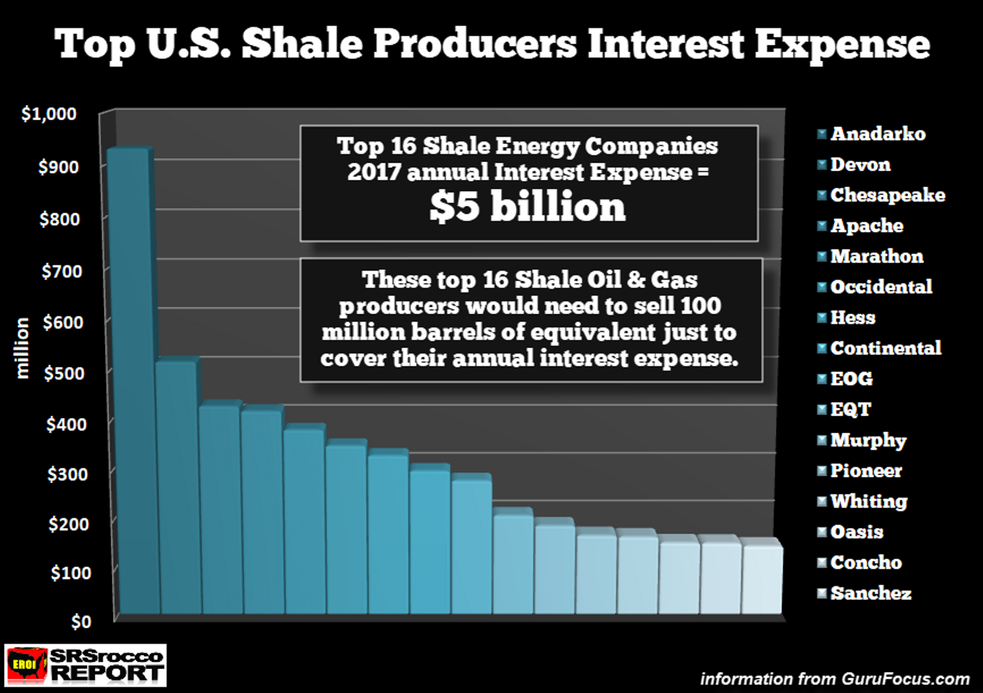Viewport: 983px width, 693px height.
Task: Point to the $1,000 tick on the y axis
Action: [x=49, y=114]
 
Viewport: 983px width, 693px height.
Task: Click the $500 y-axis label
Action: [x=64, y=373]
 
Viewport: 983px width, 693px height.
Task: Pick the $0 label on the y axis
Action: [x=80, y=622]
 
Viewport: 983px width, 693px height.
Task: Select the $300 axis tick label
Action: [x=67, y=474]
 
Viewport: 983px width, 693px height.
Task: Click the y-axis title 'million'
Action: [x=22, y=347]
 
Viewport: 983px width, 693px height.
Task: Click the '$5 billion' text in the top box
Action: [x=527, y=206]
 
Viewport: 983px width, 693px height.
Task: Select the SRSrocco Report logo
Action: [x=85, y=665]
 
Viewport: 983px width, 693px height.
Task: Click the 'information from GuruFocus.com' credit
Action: [x=834, y=679]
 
